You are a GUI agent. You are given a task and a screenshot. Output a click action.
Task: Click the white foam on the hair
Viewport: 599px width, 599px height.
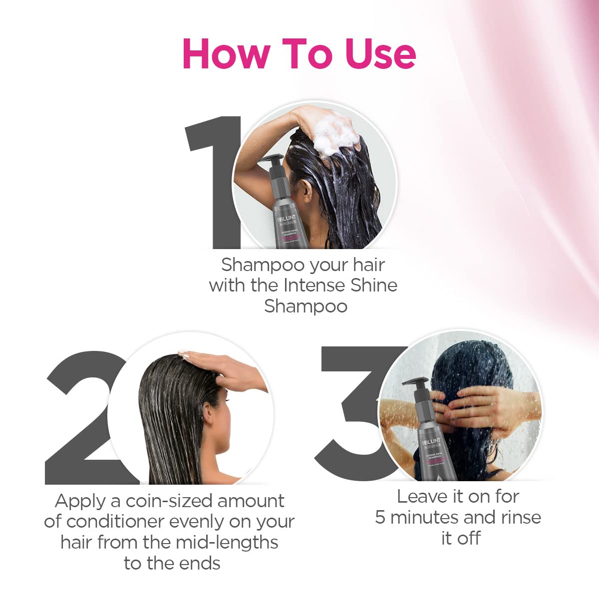tap(334, 135)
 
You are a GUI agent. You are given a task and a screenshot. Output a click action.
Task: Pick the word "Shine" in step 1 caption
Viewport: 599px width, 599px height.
tap(374, 285)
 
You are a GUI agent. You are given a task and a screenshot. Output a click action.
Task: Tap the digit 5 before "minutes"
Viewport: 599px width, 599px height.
tap(380, 518)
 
